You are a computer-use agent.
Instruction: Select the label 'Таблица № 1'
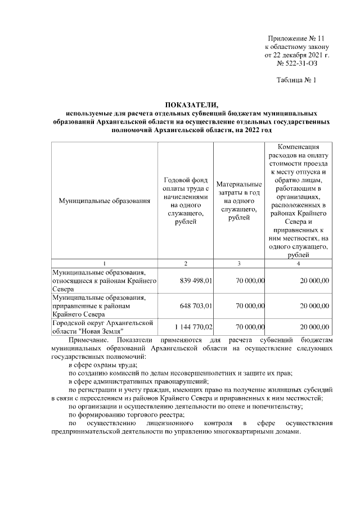click(297, 80)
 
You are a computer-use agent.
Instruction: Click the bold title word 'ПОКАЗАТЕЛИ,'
click(191, 105)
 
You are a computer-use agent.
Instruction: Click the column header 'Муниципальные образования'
click(104, 201)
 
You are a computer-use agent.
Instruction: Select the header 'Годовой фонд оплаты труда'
click(186, 201)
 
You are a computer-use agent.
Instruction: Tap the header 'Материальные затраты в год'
click(238, 201)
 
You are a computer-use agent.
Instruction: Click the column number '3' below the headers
click(238, 263)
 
